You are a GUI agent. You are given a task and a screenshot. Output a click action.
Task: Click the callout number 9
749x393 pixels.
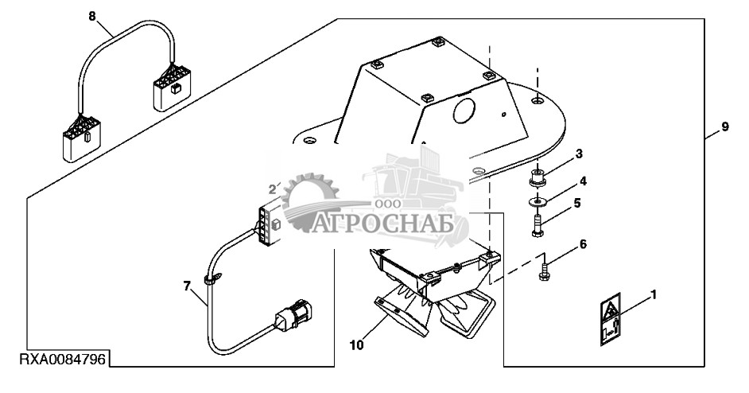724,127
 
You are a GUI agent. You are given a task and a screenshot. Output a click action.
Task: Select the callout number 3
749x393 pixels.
579,153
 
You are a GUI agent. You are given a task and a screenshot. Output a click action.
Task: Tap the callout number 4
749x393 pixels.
583,180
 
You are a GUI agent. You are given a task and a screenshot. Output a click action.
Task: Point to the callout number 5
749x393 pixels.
577,203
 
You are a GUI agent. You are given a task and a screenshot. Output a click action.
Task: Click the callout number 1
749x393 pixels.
654,296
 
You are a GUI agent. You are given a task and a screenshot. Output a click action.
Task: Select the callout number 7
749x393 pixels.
188,285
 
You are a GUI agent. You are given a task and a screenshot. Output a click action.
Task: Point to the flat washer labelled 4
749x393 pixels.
539,200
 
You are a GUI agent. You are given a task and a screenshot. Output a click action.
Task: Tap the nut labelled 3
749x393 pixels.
538,176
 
